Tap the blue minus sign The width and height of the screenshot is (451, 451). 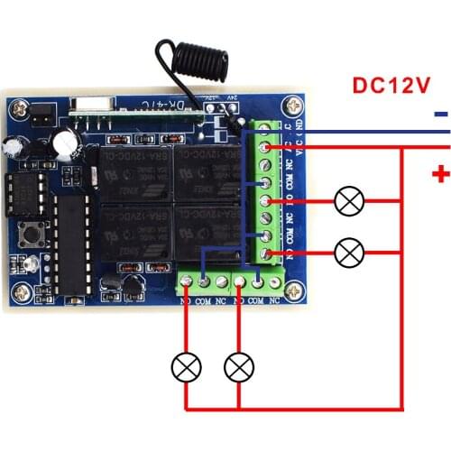(x=438, y=115)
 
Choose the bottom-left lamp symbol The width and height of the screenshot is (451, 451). (x=187, y=367)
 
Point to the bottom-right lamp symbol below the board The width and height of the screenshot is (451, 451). (x=238, y=367)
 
